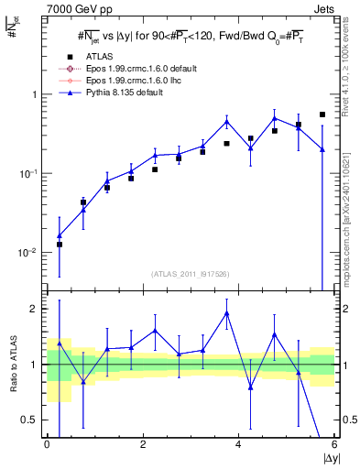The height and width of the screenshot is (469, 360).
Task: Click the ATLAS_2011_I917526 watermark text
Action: click(x=191, y=274)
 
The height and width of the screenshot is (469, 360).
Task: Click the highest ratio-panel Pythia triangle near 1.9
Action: click(x=226, y=313)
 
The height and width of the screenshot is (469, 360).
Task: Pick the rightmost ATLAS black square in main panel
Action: click(x=322, y=115)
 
